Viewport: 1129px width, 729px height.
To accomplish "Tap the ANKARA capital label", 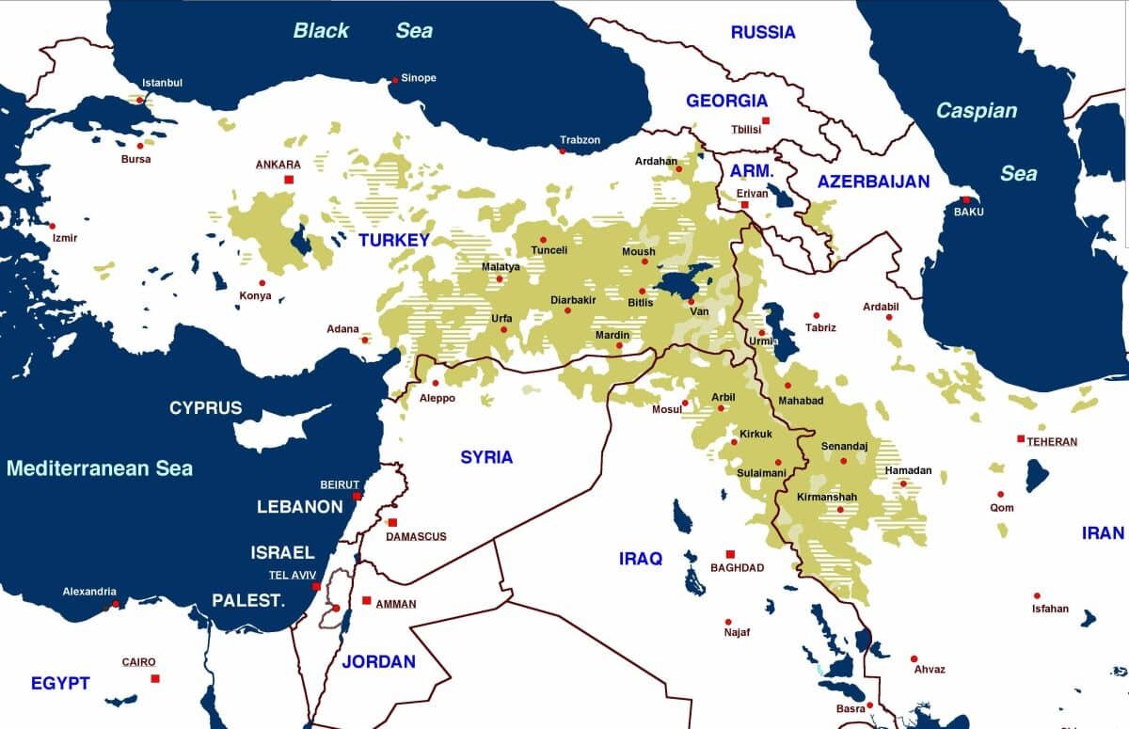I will pos(278,165).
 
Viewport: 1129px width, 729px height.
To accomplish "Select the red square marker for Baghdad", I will pos(729,555).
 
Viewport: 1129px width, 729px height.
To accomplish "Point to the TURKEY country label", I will pos(393,240).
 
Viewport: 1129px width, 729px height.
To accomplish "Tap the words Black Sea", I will pos(362,30).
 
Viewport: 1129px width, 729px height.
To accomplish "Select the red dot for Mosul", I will pos(685,404).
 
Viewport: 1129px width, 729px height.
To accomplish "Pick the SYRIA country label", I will pos(486,457).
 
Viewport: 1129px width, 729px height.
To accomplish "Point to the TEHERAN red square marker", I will pos(1021,439).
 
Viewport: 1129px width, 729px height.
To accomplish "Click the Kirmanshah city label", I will pos(827,497).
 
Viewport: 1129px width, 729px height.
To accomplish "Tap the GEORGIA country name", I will pos(726,101).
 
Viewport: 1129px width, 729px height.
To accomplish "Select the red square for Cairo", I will pos(155,678).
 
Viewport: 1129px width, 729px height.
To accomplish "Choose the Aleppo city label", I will pos(437,398).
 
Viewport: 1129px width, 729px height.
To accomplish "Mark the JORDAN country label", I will pos(378,661).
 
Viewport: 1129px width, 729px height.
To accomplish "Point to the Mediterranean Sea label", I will pos(99,468).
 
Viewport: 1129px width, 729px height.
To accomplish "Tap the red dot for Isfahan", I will pos(1037,595).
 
